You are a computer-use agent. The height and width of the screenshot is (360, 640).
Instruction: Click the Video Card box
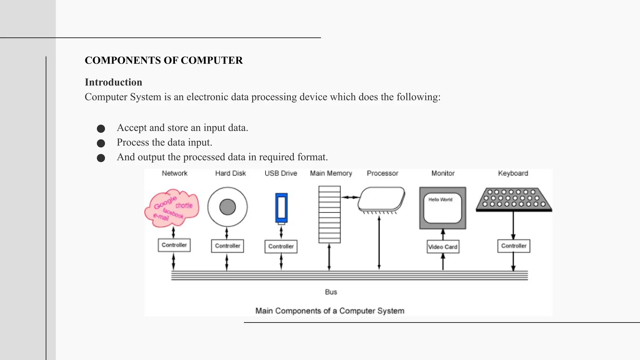coord(443,247)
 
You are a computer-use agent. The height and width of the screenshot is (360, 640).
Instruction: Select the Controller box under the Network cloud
coord(174,245)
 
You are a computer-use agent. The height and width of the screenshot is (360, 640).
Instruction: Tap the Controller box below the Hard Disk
coord(227,246)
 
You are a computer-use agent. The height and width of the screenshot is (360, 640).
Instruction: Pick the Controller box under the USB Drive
coord(281,247)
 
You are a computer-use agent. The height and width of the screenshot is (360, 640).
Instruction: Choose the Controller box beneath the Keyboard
coord(514,246)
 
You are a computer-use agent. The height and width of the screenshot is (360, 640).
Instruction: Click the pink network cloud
coord(172,207)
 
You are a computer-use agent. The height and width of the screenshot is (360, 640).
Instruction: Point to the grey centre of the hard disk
coord(227,207)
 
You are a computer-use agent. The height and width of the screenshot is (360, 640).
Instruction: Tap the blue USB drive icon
coord(281,208)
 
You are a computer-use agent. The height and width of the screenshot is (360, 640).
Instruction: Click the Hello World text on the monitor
coord(440,200)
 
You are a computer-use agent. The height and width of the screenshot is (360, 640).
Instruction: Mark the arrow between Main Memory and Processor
coord(349,197)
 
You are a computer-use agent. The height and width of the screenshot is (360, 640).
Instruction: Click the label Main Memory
coord(331,173)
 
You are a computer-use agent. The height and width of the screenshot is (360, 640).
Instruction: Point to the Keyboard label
coord(513,173)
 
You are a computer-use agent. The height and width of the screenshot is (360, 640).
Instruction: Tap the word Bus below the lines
coord(331,292)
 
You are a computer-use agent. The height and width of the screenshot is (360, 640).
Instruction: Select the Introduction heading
coord(113,82)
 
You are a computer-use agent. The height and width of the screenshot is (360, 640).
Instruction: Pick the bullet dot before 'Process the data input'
coord(101,143)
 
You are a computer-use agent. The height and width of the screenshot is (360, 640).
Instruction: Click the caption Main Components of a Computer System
coord(330,311)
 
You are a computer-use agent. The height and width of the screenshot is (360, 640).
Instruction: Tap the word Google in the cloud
coord(165,202)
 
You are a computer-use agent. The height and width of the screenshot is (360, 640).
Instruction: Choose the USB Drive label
coord(281,173)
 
